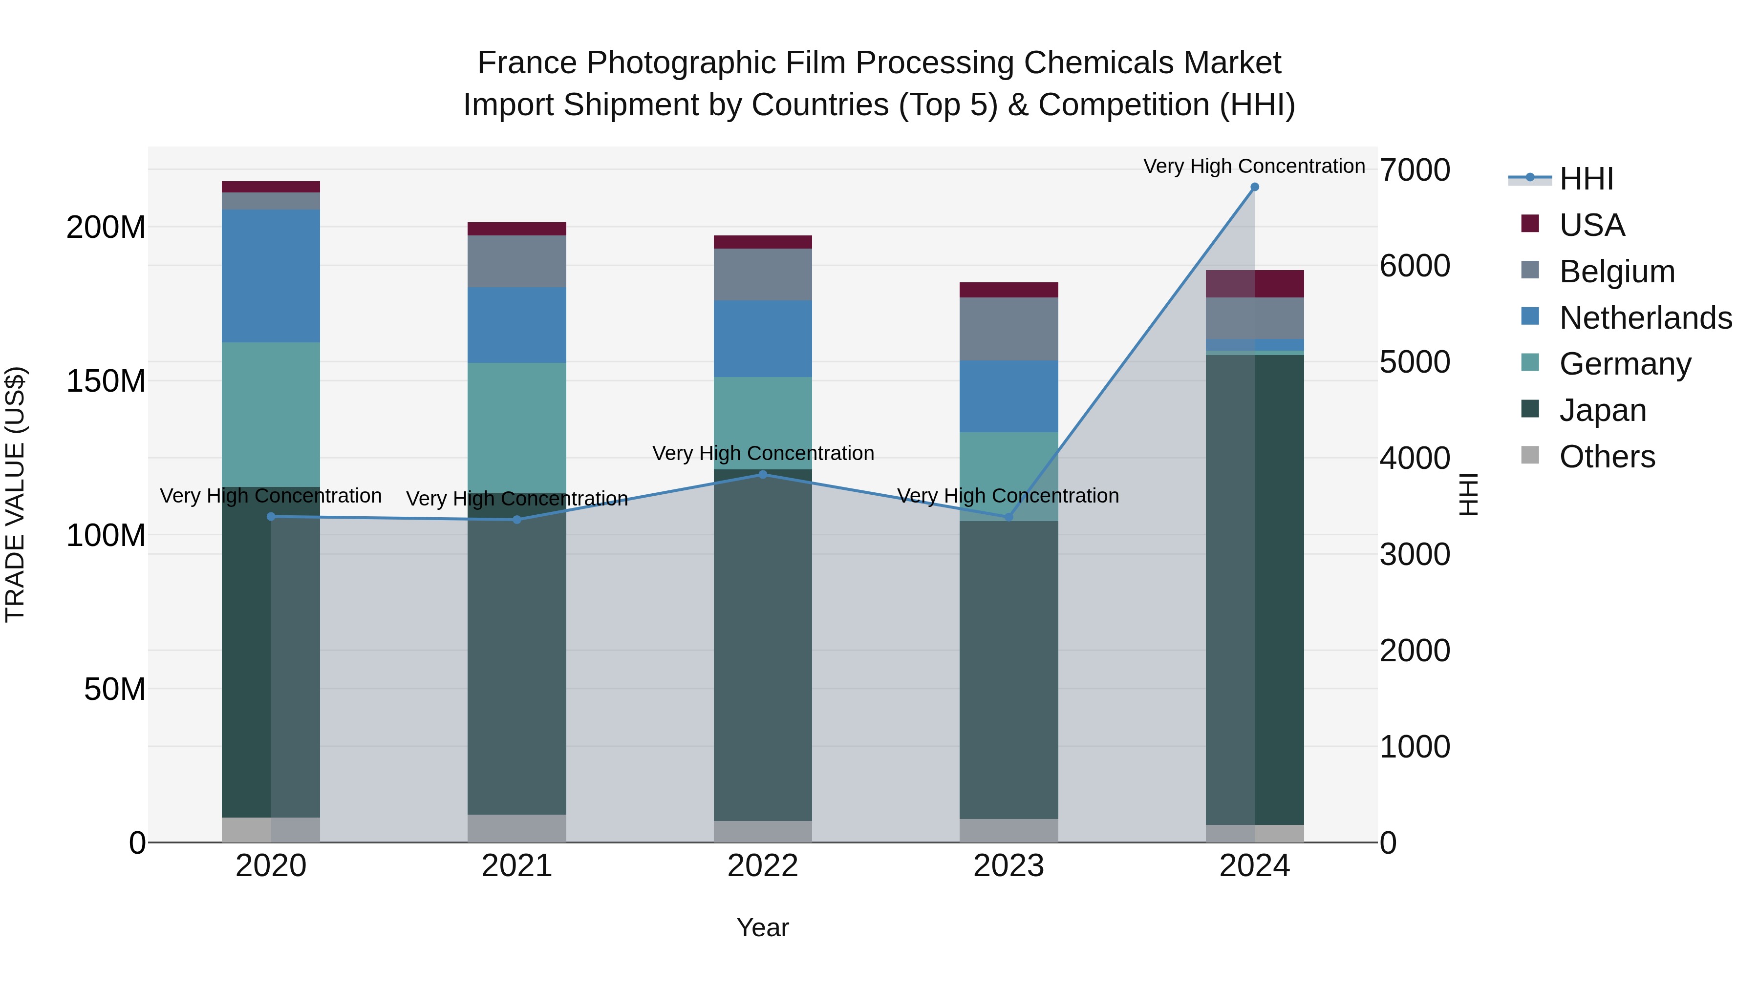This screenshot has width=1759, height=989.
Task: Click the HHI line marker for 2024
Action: [1254, 187]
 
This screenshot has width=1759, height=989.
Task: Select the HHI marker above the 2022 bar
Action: [763, 474]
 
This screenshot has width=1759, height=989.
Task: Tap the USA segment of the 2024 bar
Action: [1254, 284]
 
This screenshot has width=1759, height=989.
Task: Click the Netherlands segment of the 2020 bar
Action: [271, 276]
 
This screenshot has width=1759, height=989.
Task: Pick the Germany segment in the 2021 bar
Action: [517, 427]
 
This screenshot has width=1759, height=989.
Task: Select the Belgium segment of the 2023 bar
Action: [1008, 329]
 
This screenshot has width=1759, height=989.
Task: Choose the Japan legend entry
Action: [1602, 410]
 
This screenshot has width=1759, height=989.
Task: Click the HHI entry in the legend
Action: [1586, 179]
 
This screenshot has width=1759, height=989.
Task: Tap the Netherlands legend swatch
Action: [1530, 316]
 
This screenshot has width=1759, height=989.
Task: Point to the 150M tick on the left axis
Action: [106, 381]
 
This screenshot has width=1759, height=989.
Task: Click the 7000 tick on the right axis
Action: [1414, 170]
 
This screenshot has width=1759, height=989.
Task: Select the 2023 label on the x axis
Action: [1008, 866]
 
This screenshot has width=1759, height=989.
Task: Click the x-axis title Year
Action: [763, 927]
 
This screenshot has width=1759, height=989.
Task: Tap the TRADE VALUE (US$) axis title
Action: [15, 494]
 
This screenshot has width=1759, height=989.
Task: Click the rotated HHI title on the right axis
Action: [1468, 494]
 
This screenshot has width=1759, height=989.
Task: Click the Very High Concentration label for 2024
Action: [1254, 166]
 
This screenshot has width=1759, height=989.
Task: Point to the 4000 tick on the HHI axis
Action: [1414, 458]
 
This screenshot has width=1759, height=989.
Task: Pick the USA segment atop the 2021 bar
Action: [517, 229]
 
